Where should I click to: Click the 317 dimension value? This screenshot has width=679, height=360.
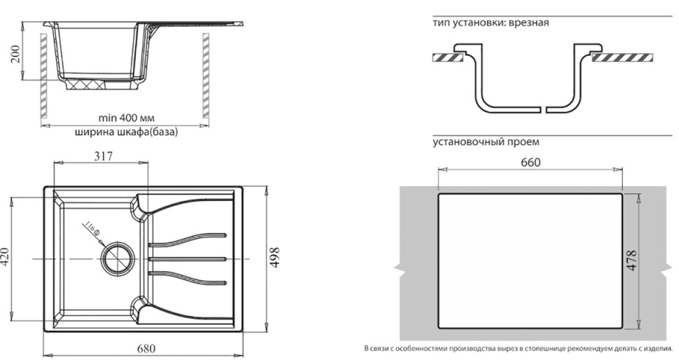point(101,157)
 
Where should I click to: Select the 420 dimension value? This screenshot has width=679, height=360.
point(6,258)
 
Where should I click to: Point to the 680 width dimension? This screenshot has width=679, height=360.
point(145,348)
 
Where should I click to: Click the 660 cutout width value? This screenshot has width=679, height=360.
point(531,162)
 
